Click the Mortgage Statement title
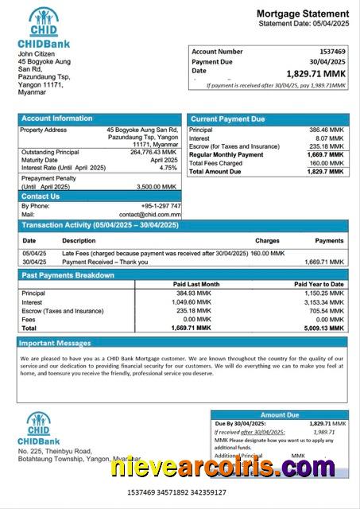[302, 14]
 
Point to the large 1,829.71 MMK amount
[315, 72]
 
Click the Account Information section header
[56, 119]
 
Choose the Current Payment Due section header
[227, 119]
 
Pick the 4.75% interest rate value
[168, 168]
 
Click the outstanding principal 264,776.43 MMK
[153, 152]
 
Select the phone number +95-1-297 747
[161, 206]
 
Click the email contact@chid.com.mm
[150, 215]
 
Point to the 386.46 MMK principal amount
[327, 130]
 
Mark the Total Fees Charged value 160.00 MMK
[327, 163]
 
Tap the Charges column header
[267, 240]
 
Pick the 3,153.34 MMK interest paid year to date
[326, 302]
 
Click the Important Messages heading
[56, 344]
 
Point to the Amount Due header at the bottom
[280, 414]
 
